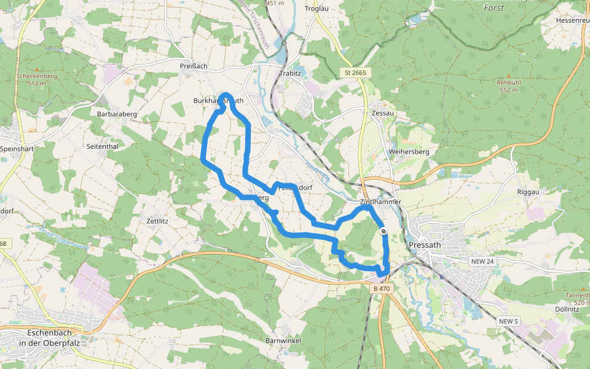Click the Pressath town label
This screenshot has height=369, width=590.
click(423, 245)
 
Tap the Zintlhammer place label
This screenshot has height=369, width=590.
click(380, 202)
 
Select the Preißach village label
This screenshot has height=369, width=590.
click(194, 66)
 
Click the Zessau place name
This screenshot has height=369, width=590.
click(382, 114)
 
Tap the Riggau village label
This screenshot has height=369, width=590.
click(528, 192)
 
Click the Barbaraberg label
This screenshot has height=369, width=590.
click(117, 114)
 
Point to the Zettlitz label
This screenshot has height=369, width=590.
click(157, 220)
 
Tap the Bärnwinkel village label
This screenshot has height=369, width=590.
click(282, 340)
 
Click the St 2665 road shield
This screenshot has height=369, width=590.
click(355, 73)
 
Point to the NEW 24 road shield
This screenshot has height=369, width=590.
click(482, 261)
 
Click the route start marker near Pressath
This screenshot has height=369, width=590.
click(383, 231)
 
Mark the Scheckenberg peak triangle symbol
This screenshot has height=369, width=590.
click(36, 69)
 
